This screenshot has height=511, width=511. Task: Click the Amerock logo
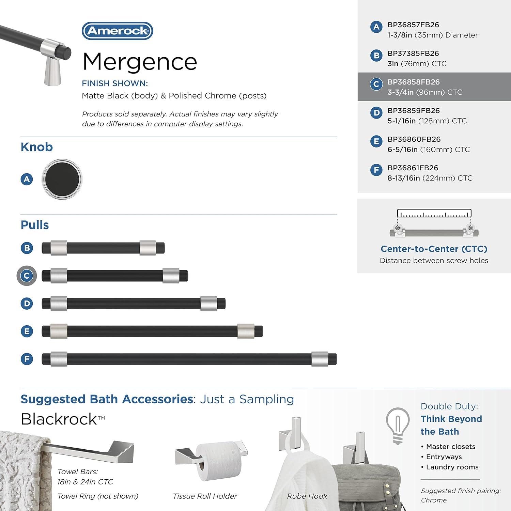pos(117,31)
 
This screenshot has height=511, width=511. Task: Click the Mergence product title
pos(140,62)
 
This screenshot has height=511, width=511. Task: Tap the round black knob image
pos(62,179)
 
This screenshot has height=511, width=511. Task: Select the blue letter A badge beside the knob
pos(27,179)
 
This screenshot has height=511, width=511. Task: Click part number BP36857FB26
pos(413,25)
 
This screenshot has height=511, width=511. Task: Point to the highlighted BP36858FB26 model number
pos(413,82)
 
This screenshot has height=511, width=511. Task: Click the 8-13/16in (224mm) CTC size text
pos(430,178)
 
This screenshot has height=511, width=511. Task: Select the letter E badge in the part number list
pos(376,141)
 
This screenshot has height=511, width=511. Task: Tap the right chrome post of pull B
pos(148,248)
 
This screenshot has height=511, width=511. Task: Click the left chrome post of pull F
pos(59,359)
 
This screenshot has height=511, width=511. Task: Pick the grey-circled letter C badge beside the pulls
pos(27,276)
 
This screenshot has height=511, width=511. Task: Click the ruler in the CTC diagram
pos(434,214)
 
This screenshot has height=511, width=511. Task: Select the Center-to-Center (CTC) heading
pos(434,249)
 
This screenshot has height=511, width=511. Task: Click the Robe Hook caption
pos(307,496)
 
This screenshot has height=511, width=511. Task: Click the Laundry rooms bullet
pos(452,467)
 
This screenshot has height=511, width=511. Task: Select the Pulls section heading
pos(35,225)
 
